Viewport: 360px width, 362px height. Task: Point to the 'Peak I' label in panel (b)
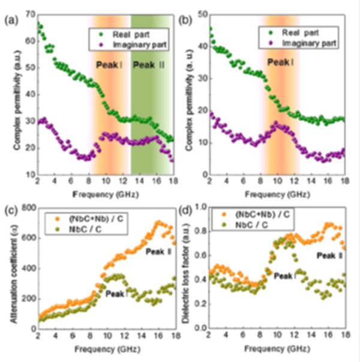click(x=279, y=62)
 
